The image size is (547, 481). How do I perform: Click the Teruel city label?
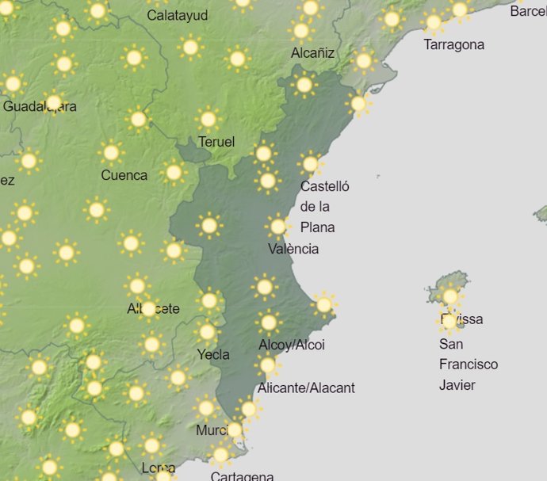click(216, 142)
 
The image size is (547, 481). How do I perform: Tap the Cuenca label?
click(124, 175)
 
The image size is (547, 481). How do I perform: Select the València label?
click(293, 249)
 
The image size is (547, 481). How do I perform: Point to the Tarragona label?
click(453, 44)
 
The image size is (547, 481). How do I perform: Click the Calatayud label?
click(178, 16)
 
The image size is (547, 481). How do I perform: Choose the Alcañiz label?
click(312, 53)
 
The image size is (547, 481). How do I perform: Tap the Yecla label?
click(214, 354)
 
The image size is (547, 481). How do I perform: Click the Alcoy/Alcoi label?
click(292, 345)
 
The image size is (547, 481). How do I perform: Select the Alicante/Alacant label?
click(306, 387)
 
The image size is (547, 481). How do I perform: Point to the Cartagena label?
click(242, 475)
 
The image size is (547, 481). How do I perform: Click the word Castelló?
click(324, 187)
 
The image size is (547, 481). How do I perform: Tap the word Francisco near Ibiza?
click(469, 365)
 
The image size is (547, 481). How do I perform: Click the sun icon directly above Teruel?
click(208, 120)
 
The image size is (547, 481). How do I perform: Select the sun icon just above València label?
click(277, 227)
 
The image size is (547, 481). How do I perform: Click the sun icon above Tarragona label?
click(433, 21)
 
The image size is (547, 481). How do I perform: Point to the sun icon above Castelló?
click(310, 164)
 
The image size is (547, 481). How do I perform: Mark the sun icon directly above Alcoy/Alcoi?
click(268, 322)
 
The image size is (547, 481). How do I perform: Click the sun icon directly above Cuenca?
click(111, 152)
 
